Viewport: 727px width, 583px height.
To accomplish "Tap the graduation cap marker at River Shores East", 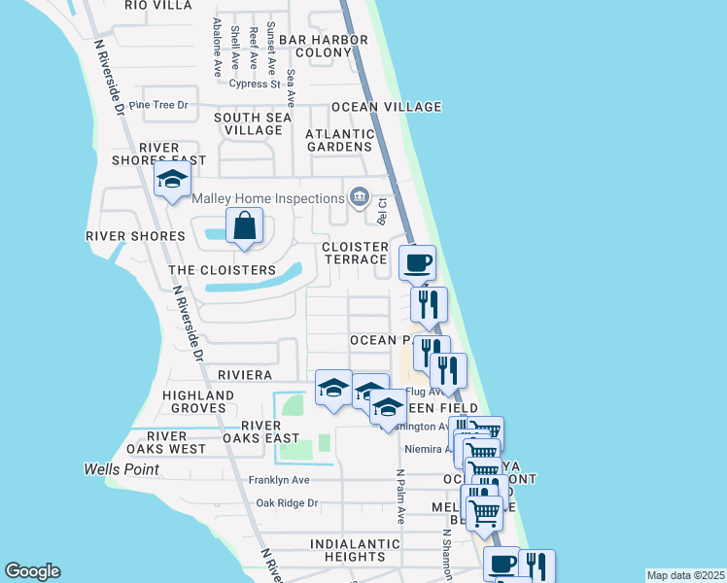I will (x=172, y=180).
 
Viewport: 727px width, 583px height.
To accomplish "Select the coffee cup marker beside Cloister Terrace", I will (x=418, y=262).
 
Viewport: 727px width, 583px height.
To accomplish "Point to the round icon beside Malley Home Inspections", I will (x=360, y=198).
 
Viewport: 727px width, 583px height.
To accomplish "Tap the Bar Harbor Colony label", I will (x=323, y=46).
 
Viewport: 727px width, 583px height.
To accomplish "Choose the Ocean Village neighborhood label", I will (x=386, y=107).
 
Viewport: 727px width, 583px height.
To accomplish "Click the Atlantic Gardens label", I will (x=339, y=140).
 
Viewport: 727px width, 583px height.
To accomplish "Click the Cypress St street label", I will (x=255, y=84).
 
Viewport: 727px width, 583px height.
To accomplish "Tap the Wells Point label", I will (x=121, y=470).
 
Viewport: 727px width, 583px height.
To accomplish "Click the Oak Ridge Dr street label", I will (x=287, y=503).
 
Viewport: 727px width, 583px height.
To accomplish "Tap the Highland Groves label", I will (x=198, y=401).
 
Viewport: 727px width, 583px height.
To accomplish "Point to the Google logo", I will (x=32, y=571).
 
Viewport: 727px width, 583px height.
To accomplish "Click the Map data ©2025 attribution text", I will (x=685, y=575).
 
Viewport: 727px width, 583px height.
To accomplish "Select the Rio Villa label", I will (x=156, y=4).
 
